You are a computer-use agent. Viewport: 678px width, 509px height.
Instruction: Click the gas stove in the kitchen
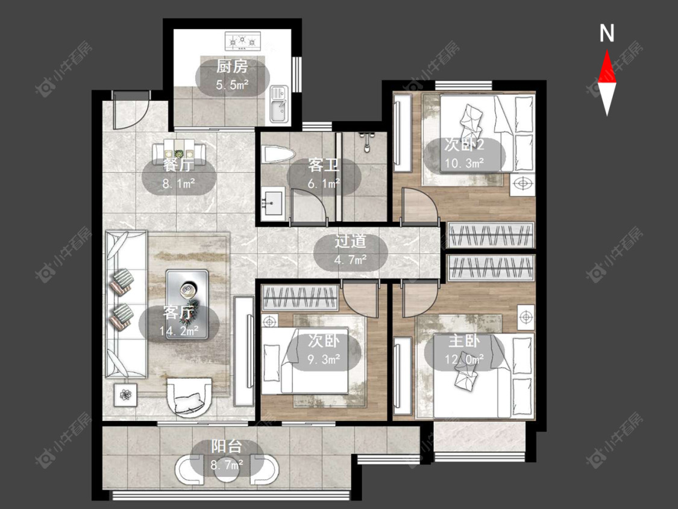click(243, 41)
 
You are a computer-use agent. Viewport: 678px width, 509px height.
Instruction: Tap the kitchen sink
click(279, 104)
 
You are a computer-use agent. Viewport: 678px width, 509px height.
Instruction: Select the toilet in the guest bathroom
click(278, 155)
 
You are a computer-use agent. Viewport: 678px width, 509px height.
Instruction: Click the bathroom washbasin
click(272, 201)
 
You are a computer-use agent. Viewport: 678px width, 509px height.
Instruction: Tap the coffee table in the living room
click(187, 305)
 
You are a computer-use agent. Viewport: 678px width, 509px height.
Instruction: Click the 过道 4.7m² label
click(350, 251)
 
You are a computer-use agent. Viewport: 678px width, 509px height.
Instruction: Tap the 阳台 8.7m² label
click(227, 456)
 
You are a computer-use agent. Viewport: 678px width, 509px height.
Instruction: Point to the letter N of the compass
click(607, 33)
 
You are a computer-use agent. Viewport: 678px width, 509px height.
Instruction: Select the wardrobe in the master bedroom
click(491, 268)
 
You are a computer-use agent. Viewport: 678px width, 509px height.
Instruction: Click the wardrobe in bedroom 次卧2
click(491, 235)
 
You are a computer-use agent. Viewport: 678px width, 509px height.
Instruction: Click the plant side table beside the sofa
click(126, 394)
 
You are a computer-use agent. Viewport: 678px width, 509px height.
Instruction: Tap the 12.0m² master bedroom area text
click(465, 359)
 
